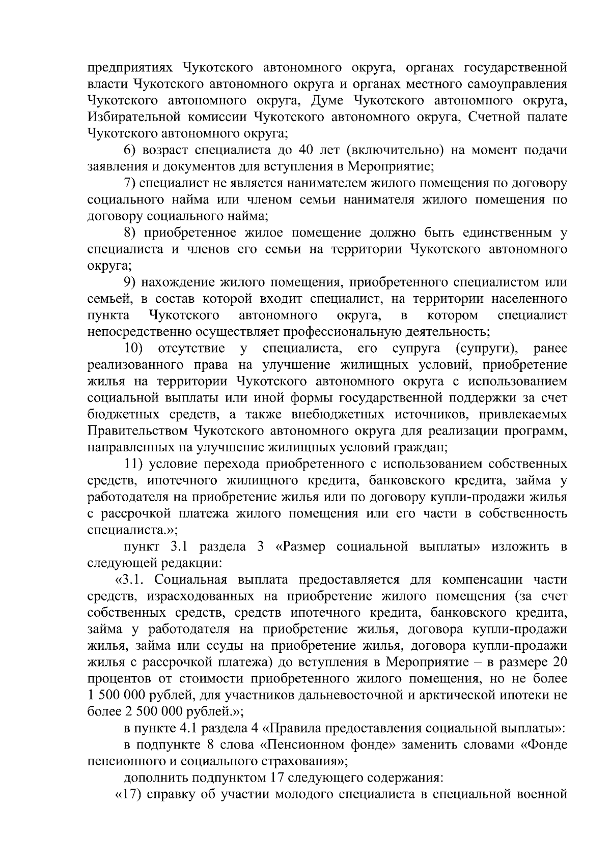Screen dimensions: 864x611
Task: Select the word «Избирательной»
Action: click(134, 118)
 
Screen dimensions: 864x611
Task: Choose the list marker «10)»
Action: click(134, 349)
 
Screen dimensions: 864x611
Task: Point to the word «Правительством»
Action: click(137, 431)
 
